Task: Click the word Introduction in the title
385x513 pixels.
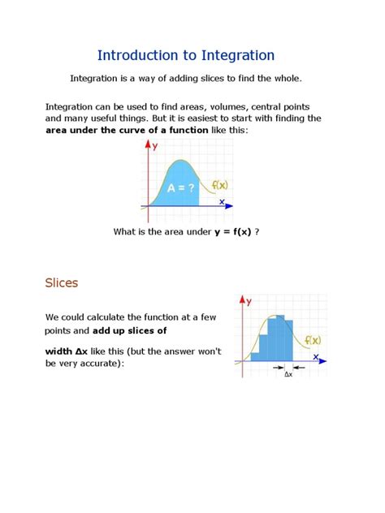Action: coord(135,55)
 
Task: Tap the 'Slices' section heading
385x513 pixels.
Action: coord(61,283)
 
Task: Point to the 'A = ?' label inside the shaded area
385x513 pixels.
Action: coord(180,188)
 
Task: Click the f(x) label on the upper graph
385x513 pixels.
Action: coord(219,184)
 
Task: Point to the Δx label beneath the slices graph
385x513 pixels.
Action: coord(288,374)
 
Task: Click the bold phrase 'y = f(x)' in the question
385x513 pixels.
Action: coord(233,231)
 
